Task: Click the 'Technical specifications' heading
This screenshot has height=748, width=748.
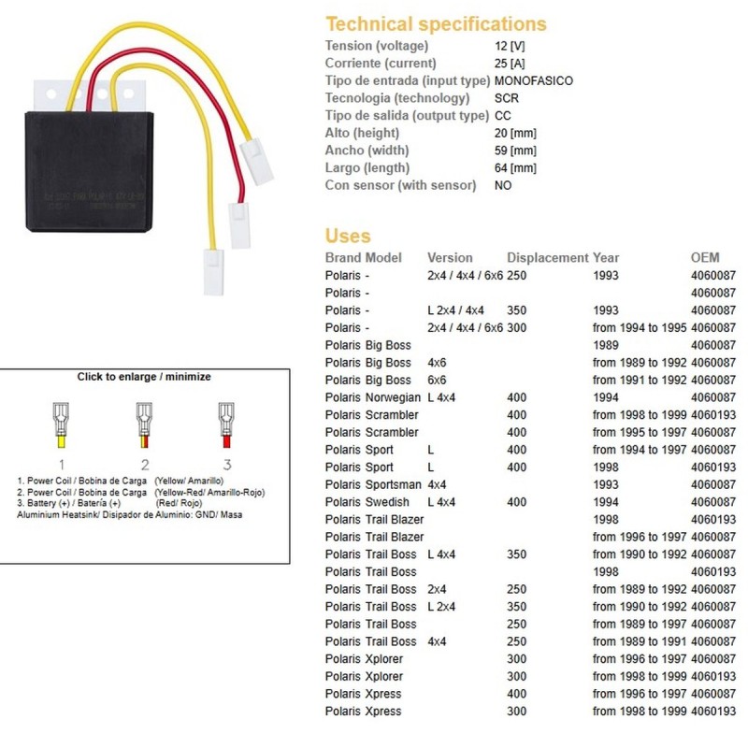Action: (x=436, y=24)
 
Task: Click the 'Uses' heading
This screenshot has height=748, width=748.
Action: (x=348, y=236)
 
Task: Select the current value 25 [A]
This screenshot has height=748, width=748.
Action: (x=511, y=64)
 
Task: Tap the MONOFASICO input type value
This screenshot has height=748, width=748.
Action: (x=533, y=80)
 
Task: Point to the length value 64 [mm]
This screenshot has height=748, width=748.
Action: (x=515, y=168)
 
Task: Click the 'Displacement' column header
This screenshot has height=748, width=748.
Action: (x=547, y=258)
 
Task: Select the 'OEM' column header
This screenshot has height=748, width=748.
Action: (x=705, y=258)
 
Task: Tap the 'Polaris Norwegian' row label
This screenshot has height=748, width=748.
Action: (x=372, y=397)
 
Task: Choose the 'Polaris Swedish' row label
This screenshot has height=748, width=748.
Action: (x=368, y=502)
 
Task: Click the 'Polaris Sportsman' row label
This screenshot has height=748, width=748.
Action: (x=372, y=484)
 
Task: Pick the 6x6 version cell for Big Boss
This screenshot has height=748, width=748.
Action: (x=437, y=381)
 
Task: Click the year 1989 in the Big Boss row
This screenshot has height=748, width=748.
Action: (x=607, y=345)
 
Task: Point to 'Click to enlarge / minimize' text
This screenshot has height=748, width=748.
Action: (x=144, y=377)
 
